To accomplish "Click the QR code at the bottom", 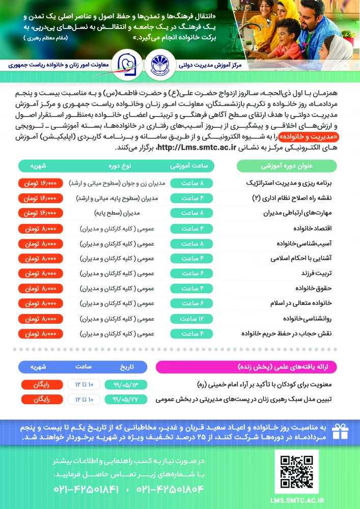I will point(297,470).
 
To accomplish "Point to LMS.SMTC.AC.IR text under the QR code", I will point(297,501).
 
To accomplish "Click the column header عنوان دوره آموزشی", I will point(286,166).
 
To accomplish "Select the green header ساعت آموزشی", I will point(192,166).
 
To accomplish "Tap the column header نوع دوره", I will point(120,166).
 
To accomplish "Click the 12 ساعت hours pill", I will point(192,319).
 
